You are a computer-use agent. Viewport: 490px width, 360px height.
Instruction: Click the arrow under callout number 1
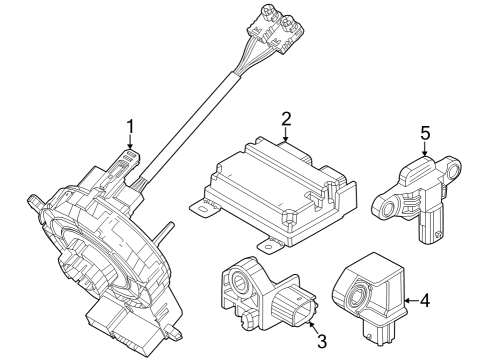click(x=129, y=145)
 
